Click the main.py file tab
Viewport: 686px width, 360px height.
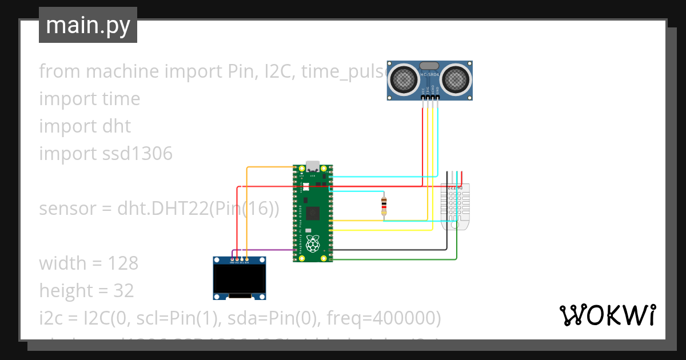tap(87, 25)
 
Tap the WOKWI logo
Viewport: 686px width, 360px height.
tap(607, 315)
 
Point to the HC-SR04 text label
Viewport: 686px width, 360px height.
tap(430, 75)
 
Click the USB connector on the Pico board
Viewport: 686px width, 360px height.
tap(312, 167)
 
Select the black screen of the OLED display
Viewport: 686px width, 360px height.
tap(240, 278)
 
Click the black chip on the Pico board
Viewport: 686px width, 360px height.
tap(313, 214)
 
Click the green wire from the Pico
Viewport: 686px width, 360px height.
tap(400, 259)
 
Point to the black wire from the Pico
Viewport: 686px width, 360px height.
tap(389, 250)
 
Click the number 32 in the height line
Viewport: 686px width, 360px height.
tap(123, 291)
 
